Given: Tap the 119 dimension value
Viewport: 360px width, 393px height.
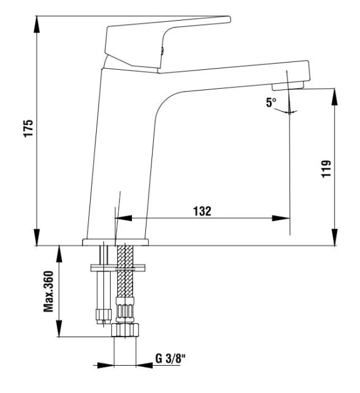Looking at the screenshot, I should coord(327,168).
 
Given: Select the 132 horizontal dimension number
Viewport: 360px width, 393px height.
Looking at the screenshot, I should coord(202,211).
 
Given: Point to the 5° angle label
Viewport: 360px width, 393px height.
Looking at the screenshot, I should coord(271,103).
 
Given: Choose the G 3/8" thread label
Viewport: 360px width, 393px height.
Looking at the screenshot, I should coord(171,358).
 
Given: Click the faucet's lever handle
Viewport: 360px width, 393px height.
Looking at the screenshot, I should coord(164,36).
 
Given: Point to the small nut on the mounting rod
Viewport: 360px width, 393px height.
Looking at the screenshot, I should coord(102,314).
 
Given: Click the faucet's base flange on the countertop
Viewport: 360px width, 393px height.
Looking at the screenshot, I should coord(115,242).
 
